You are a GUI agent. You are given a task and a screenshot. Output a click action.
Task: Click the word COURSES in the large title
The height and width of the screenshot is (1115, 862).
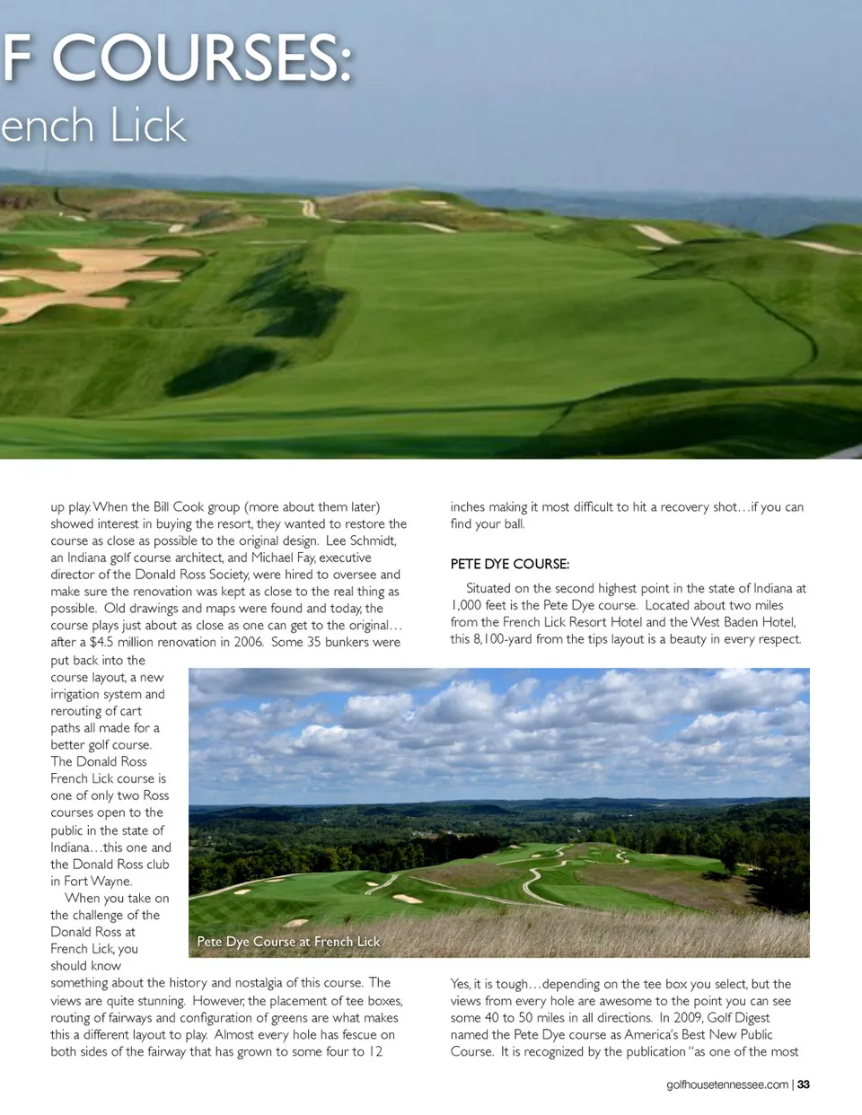(x=202, y=58)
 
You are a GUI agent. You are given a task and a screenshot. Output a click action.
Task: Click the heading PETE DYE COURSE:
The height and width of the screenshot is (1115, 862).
(x=509, y=564)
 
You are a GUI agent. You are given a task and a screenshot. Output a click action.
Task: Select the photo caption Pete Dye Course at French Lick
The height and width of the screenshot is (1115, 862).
(x=288, y=942)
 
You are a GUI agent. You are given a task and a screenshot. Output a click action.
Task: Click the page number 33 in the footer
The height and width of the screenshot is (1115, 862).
(x=804, y=1084)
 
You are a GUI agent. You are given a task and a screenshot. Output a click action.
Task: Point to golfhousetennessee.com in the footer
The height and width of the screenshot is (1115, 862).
(x=727, y=1084)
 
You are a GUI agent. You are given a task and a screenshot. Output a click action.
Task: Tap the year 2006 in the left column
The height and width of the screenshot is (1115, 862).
(x=246, y=642)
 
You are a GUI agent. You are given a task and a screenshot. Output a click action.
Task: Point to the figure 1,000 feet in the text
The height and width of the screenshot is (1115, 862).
(x=481, y=605)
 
